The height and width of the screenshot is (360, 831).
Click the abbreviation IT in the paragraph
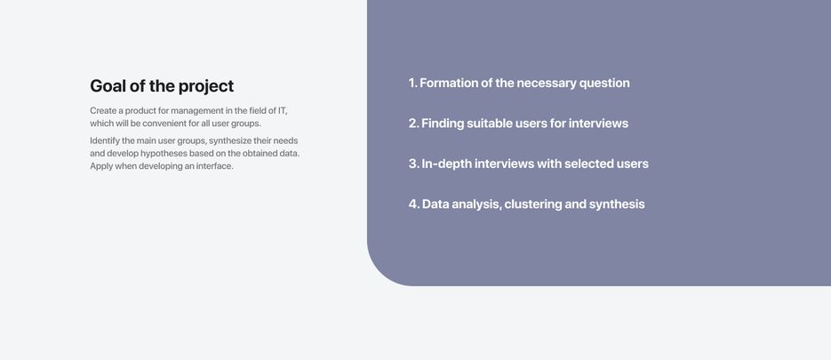(283, 111)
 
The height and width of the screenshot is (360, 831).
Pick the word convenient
(164, 124)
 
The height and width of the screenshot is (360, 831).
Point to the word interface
(215, 166)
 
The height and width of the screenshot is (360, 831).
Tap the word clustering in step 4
(532, 204)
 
